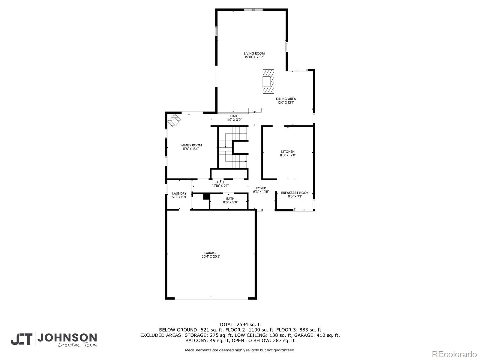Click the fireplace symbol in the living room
[x=268, y=81]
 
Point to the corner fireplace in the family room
[x=174, y=120]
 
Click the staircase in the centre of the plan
[x=233, y=147]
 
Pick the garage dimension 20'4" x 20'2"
[x=211, y=256]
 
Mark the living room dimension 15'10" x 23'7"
[x=254, y=57]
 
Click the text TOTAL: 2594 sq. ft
[x=240, y=325]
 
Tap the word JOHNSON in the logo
[x=67, y=338]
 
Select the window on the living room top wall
[x=254, y=10]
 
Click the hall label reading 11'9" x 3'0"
[x=234, y=120]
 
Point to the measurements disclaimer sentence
[x=240, y=350]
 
